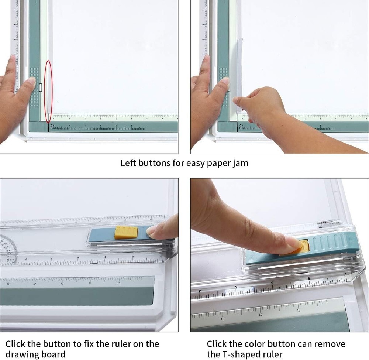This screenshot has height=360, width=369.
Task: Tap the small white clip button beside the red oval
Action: [x=40, y=87]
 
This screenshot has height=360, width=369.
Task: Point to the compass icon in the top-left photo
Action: [x=52, y=126]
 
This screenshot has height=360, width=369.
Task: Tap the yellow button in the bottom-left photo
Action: [x=126, y=233]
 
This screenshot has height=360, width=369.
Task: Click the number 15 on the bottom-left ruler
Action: [x=118, y=283]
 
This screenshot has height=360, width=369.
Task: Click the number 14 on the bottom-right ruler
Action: [x=261, y=315]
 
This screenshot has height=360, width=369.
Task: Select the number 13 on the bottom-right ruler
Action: [x=223, y=319]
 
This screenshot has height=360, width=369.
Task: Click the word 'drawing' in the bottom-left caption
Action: [x=21, y=355]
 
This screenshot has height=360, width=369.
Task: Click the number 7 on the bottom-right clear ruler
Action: [x=346, y=274]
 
